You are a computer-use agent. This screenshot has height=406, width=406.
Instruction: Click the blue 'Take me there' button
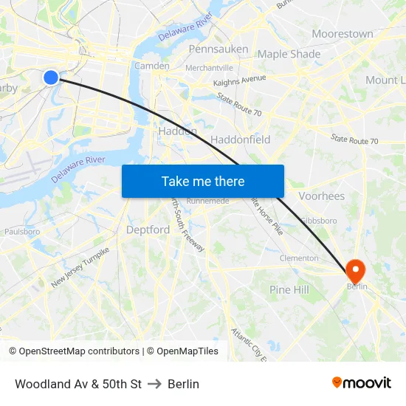point(203,181)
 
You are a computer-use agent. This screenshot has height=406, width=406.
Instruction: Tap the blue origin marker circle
point(51,77)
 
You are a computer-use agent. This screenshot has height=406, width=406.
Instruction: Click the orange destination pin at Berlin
point(356,272)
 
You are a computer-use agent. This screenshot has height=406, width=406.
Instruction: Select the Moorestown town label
point(342,34)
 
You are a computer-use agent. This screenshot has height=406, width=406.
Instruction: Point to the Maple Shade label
point(289,54)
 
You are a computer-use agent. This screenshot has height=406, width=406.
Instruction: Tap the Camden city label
point(151,66)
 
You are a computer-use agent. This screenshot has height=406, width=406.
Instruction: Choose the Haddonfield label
point(240,140)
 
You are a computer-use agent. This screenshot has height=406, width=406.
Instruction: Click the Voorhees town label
point(321,196)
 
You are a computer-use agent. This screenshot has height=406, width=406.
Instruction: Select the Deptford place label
point(148,230)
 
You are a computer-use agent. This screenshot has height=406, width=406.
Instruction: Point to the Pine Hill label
point(289,290)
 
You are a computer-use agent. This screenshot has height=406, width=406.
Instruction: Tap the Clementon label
point(299,258)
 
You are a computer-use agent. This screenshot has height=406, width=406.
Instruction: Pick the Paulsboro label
point(22,231)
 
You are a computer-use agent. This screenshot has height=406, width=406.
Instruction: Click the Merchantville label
point(209,67)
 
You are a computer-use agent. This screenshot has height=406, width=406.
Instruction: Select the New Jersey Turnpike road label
point(80,266)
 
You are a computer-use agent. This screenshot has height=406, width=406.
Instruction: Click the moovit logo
point(362,382)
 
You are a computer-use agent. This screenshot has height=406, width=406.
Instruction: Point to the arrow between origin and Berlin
point(154,384)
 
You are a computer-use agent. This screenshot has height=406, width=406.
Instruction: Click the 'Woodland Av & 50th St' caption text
point(78,384)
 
